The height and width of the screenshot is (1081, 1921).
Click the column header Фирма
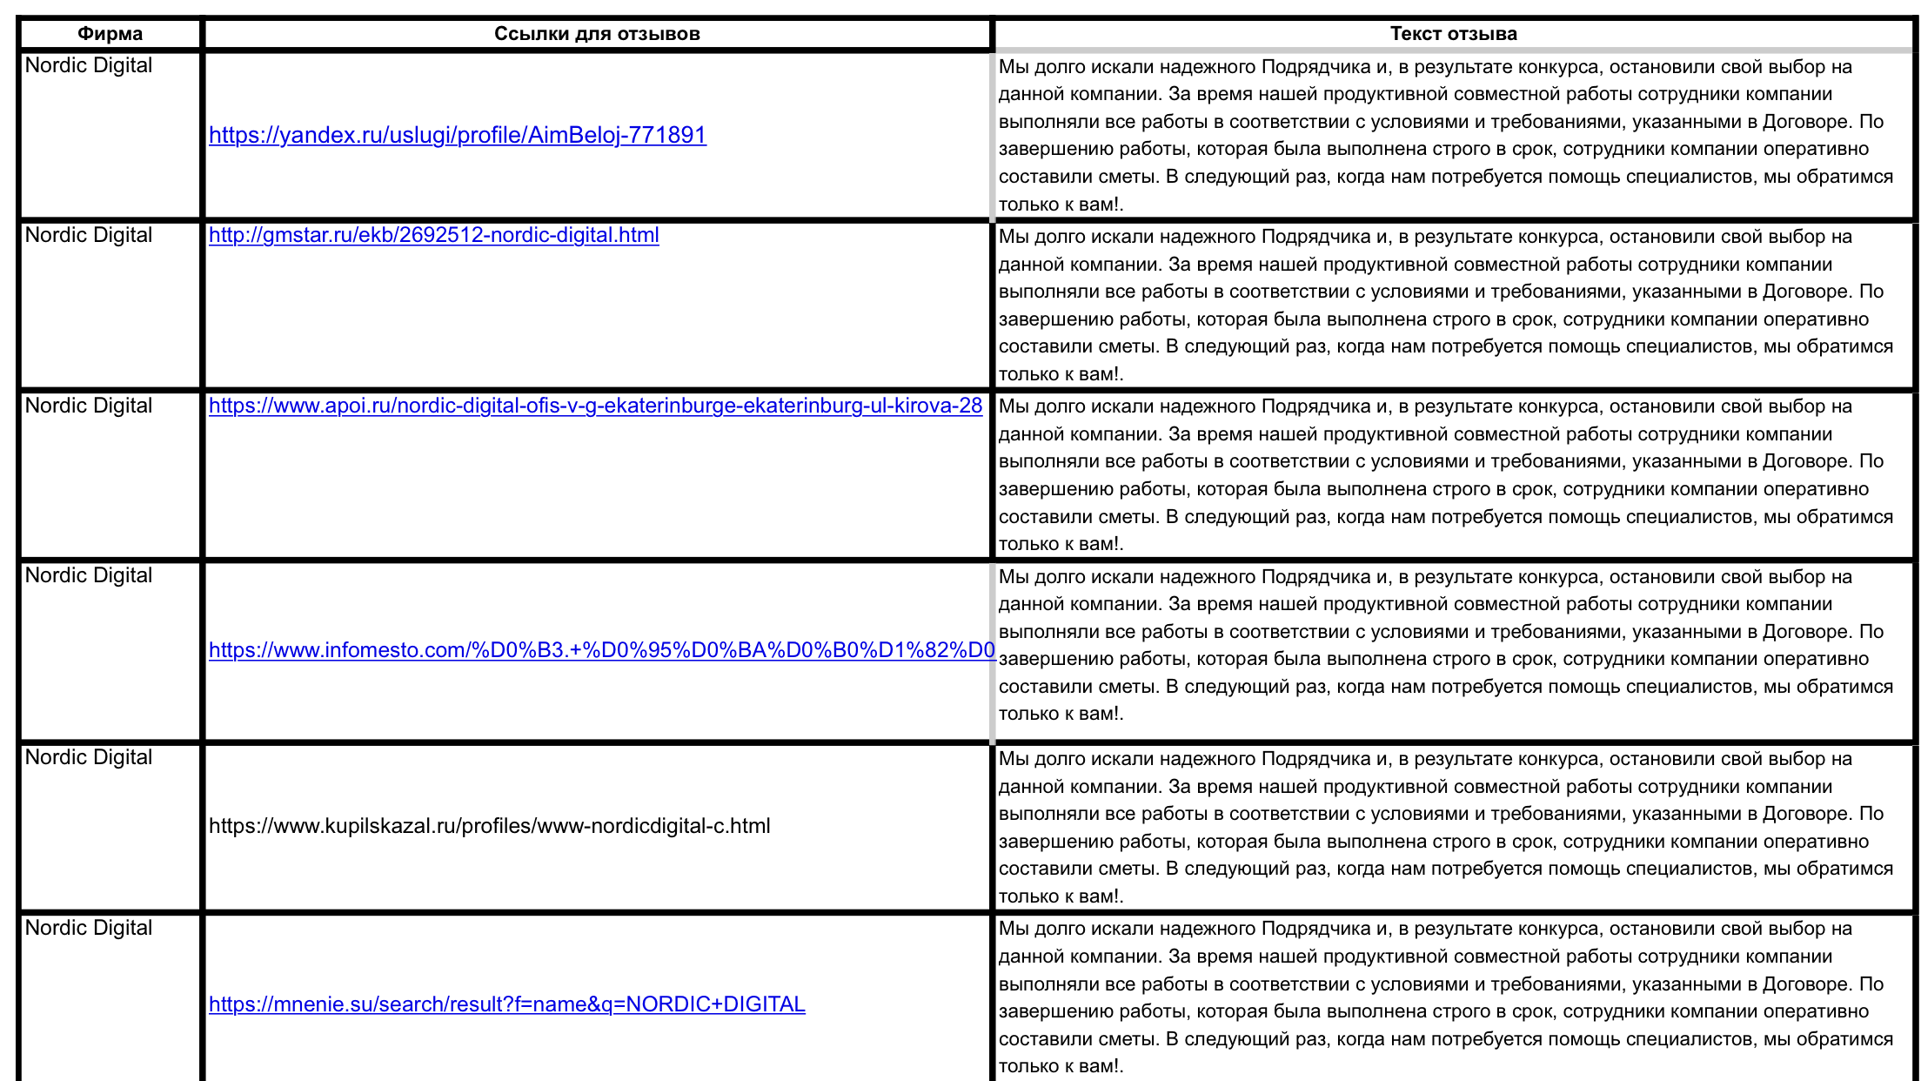110,34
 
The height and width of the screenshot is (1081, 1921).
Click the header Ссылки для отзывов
597,34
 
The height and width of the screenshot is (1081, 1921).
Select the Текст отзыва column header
1453,34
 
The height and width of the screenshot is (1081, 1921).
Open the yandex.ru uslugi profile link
458,135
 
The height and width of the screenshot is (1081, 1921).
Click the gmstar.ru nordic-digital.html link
433,235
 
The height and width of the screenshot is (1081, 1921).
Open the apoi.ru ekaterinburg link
595,406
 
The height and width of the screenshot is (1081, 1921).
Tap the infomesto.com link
600,650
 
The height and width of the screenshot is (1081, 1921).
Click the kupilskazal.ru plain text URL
489,826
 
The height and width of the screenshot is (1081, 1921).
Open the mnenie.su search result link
506,1004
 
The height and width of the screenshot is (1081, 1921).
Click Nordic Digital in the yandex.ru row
89,65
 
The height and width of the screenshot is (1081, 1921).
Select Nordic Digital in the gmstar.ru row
89,235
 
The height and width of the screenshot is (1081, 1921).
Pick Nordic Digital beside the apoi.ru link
89,406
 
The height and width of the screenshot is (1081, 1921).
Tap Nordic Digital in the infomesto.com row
89,575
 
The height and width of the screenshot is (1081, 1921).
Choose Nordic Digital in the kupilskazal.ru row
89,757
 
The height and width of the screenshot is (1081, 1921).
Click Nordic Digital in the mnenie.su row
89,928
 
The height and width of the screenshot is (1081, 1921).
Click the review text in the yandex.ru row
1444,135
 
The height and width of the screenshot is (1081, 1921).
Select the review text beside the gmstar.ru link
1444,305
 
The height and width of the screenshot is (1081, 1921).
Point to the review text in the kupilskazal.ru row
1444,827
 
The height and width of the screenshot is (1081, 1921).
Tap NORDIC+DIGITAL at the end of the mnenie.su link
715,1004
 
